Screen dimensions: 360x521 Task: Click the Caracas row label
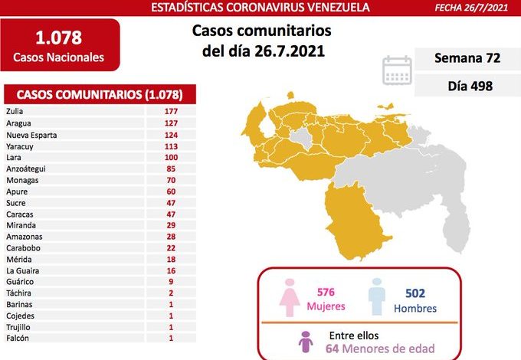point(19,214)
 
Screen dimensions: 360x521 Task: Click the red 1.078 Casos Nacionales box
point(59,45)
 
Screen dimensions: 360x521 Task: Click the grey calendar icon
point(397,70)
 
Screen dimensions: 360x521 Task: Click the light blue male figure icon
point(376,297)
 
